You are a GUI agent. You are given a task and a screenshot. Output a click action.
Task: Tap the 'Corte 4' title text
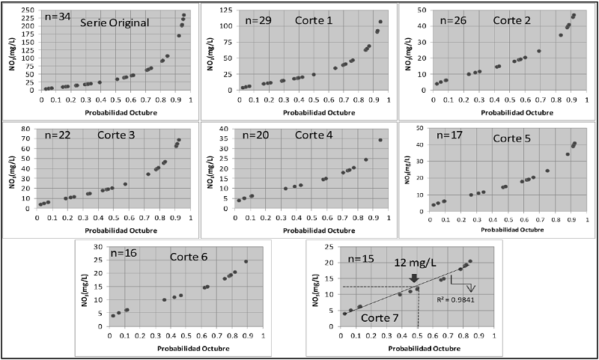[x=314, y=135]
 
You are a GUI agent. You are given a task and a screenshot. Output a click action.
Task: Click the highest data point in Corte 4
[x=380, y=140]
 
